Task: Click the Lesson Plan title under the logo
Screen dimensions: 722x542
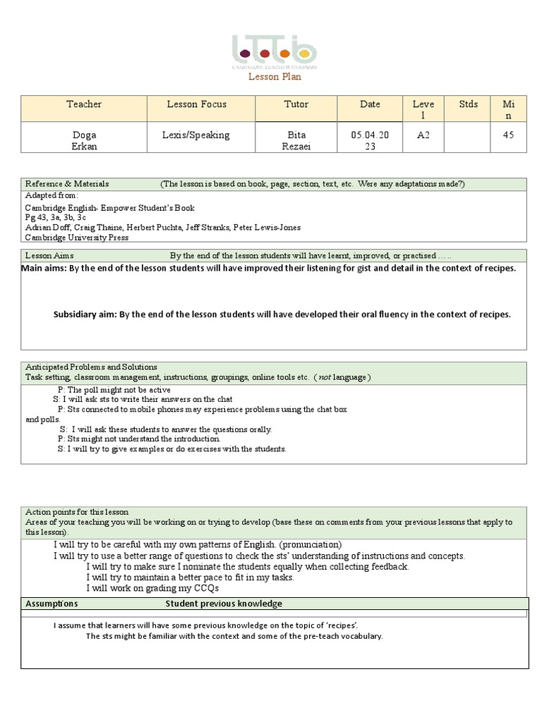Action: tap(274, 76)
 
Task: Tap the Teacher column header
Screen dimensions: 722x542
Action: tap(84, 104)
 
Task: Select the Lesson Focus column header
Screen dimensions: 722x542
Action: tap(196, 104)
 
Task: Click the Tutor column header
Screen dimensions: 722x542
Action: tap(296, 104)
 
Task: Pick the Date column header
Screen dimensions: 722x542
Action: tap(370, 104)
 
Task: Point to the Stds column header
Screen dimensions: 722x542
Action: tap(468, 104)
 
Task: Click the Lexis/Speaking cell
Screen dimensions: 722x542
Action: tap(196, 135)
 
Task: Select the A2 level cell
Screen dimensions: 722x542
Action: tap(423, 135)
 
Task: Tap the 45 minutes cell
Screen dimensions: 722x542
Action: tap(508, 135)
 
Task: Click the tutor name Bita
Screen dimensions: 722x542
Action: tap(296, 135)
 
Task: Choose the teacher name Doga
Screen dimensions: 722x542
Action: tap(84, 135)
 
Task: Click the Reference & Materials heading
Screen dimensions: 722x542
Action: tap(67, 184)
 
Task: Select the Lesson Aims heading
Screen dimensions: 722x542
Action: tap(49, 256)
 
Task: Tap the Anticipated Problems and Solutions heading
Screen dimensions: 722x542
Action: tap(91, 367)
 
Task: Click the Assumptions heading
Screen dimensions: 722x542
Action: tap(52, 604)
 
